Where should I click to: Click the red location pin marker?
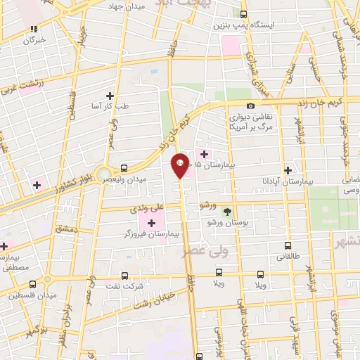click(180, 165)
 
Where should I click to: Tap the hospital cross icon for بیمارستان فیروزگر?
click(152, 222)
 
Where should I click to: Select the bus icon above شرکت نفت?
click(125, 276)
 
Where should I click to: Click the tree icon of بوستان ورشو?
click(227, 211)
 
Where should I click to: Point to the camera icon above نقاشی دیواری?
click(251, 105)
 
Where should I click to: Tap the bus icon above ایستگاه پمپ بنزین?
click(244, 14)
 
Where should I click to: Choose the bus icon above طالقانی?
click(288, 246)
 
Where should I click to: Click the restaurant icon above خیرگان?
click(33, 30)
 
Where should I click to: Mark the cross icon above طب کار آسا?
click(110, 96)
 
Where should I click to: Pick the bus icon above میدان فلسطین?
click(32, 285)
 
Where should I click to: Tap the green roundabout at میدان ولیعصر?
click(104, 173)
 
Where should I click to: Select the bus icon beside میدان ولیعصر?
click(124, 168)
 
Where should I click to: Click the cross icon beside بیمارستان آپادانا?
click(287, 170)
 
